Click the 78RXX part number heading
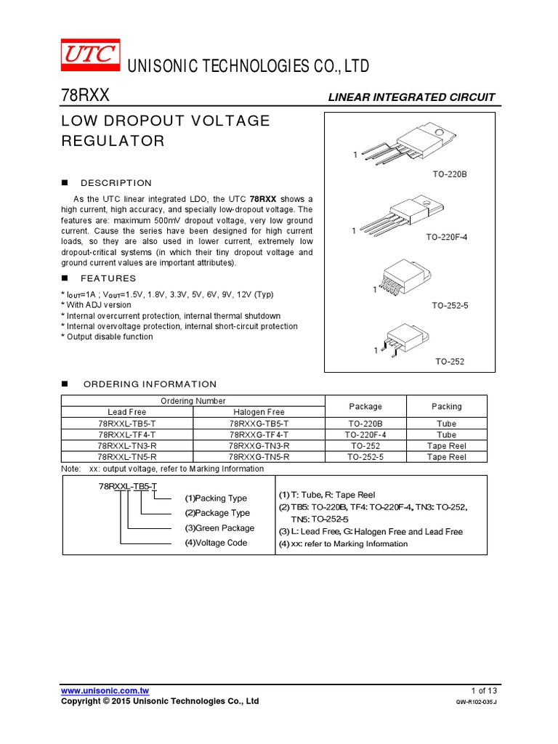pos(85,97)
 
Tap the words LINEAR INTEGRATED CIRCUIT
pos(411,97)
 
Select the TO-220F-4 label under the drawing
pos(447,238)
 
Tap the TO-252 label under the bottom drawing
pos(450,361)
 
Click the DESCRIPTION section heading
pos(116,183)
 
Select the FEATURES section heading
pos(108,278)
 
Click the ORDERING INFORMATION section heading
pos(150,384)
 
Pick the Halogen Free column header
pos(259,412)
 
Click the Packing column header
pos(446,407)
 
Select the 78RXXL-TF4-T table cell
pos(127,434)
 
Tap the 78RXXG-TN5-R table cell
pos(259,457)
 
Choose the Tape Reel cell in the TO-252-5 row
pos(446,457)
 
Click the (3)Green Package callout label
pos(219,528)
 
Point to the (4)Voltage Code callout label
pos(216,543)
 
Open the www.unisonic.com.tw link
pos(105,690)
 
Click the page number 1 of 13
pos(485,690)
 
